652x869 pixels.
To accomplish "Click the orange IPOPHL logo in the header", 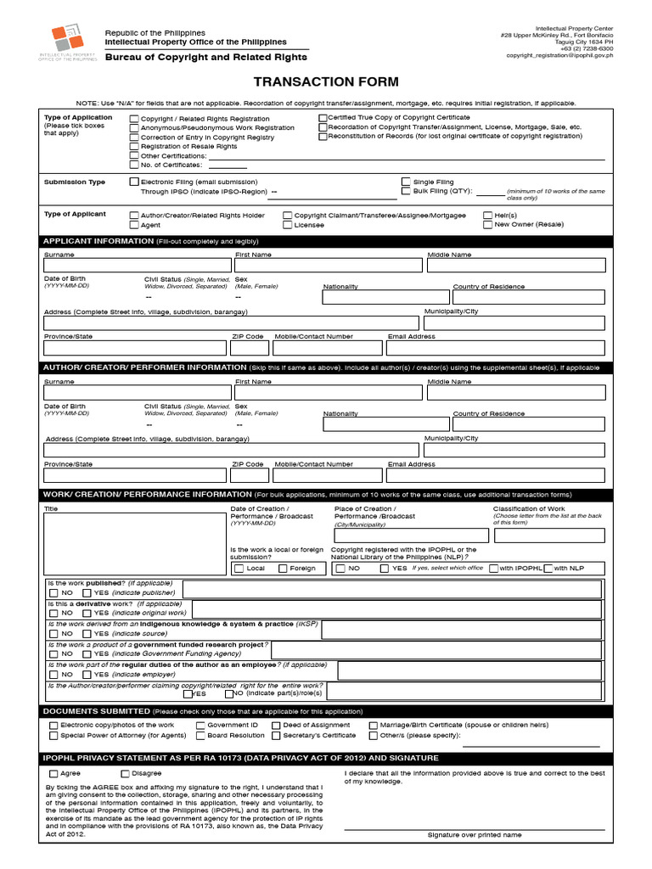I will (68, 38).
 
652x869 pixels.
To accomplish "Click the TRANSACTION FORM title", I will (326, 81).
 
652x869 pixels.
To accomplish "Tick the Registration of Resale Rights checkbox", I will (134, 147).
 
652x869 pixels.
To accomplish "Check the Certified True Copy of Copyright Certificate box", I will (323, 118).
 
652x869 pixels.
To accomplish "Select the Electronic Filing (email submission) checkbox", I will (134, 182).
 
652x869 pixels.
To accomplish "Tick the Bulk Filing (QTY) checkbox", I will (406, 192).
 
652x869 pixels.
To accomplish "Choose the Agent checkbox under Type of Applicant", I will (134, 226).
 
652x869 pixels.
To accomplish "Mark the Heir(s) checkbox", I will (487, 216).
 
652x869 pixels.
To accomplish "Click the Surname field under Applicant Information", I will (137, 266).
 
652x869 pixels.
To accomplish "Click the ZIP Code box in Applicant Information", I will (250, 347).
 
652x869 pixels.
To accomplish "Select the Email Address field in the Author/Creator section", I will (496, 475).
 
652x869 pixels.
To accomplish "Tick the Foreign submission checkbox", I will (283, 569).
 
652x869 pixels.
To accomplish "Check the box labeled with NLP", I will (548, 569).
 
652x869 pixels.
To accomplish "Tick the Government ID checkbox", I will (201, 726).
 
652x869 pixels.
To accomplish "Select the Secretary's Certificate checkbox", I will (277, 736).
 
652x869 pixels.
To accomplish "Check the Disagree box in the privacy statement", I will (126, 774).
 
